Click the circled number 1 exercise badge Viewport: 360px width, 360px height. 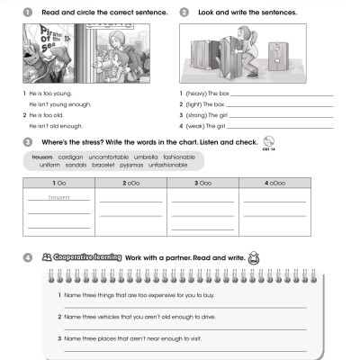click(28, 13)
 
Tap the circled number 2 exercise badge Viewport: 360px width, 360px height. click(184, 13)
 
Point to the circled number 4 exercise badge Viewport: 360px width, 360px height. click(28, 257)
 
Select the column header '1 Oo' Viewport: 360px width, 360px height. click(58, 183)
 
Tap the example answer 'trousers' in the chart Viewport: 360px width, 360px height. click(58, 197)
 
